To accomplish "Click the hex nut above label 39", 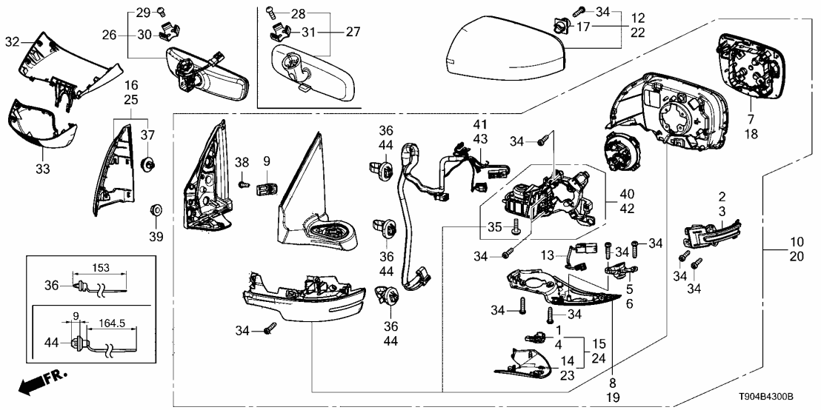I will point(156,209).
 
